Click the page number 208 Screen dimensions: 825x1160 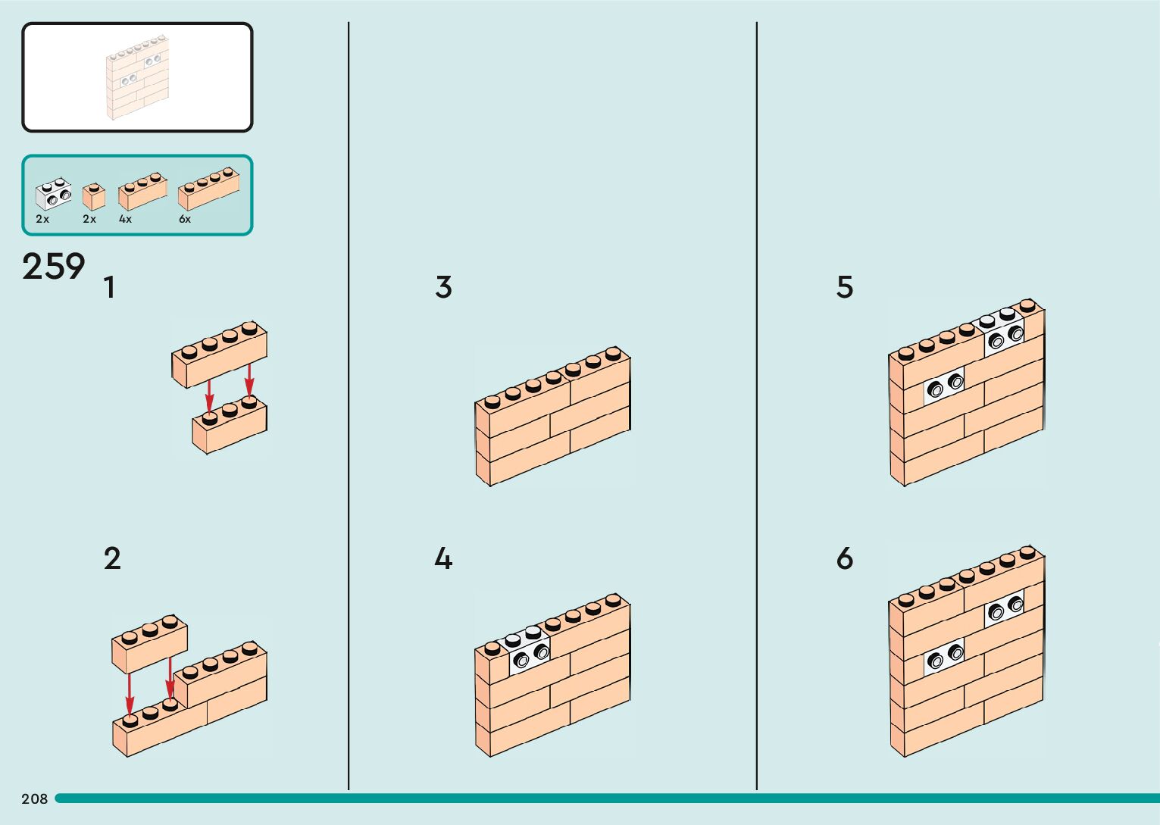[35, 798]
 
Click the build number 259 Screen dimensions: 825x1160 [53, 267]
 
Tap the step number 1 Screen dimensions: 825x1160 [110, 288]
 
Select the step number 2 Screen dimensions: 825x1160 [112, 559]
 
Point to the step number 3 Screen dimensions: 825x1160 [444, 288]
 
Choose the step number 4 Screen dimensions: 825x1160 [443, 559]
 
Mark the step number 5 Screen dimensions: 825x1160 [845, 288]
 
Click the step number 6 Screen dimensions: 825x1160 [845, 559]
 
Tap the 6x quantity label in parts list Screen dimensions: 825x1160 [185, 220]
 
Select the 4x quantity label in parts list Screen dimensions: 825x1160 [125, 220]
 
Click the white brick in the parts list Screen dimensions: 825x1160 [53, 195]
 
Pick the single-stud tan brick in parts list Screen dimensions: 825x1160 [93, 196]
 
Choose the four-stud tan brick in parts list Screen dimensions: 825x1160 [208, 189]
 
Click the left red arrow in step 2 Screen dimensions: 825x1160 [130, 693]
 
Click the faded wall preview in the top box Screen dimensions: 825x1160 [137, 77]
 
